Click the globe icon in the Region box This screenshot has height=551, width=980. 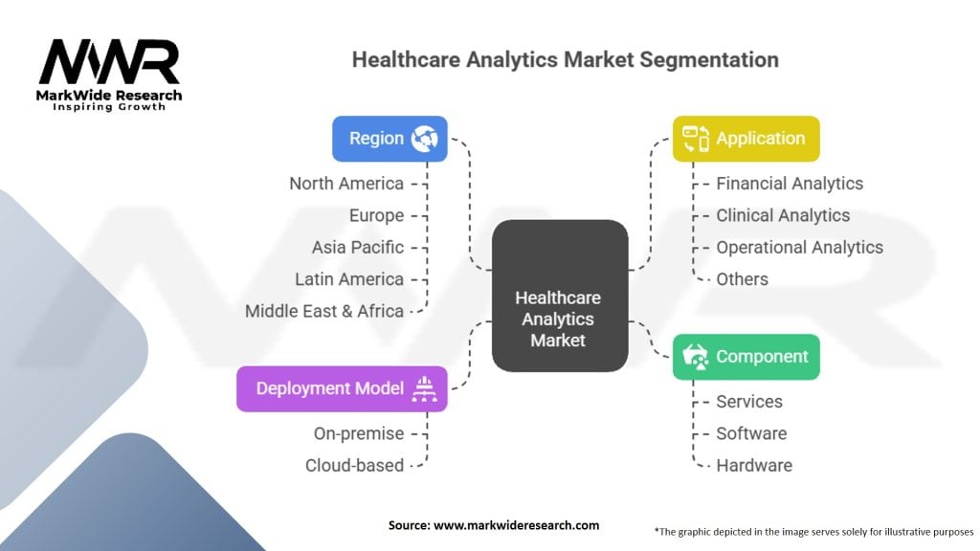(x=424, y=139)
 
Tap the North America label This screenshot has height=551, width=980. (x=346, y=184)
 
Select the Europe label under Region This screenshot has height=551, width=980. (x=376, y=215)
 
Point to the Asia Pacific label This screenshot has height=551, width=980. (x=358, y=248)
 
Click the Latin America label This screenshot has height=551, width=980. (x=349, y=279)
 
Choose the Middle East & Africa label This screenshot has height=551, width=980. (x=324, y=311)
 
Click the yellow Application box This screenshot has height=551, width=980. (x=746, y=139)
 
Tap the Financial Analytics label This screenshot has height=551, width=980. (x=790, y=184)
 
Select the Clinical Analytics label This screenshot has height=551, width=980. (x=783, y=215)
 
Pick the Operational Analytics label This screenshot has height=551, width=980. (x=799, y=248)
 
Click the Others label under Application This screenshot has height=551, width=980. (x=742, y=279)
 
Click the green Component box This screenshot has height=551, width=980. (x=746, y=357)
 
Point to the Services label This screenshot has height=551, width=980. (x=749, y=402)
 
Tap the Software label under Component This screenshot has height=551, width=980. (x=751, y=433)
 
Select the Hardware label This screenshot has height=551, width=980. (x=754, y=466)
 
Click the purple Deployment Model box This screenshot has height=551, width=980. (x=342, y=388)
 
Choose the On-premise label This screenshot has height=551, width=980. (x=359, y=433)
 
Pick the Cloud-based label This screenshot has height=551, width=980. (x=354, y=466)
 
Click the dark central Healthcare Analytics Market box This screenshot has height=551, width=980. (x=560, y=296)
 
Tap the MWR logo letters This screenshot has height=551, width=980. (x=109, y=61)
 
